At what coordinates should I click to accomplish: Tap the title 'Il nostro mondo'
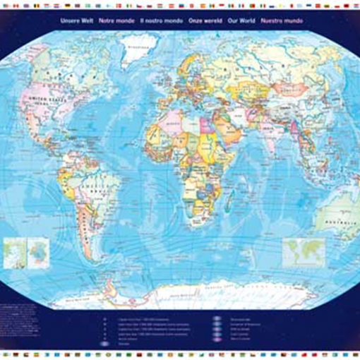(x=162, y=21)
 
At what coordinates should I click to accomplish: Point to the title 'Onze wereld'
(x=205, y=21)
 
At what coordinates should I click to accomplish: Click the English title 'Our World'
(x=242, y=21)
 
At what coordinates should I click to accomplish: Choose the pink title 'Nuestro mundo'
(x=282, y=21)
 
